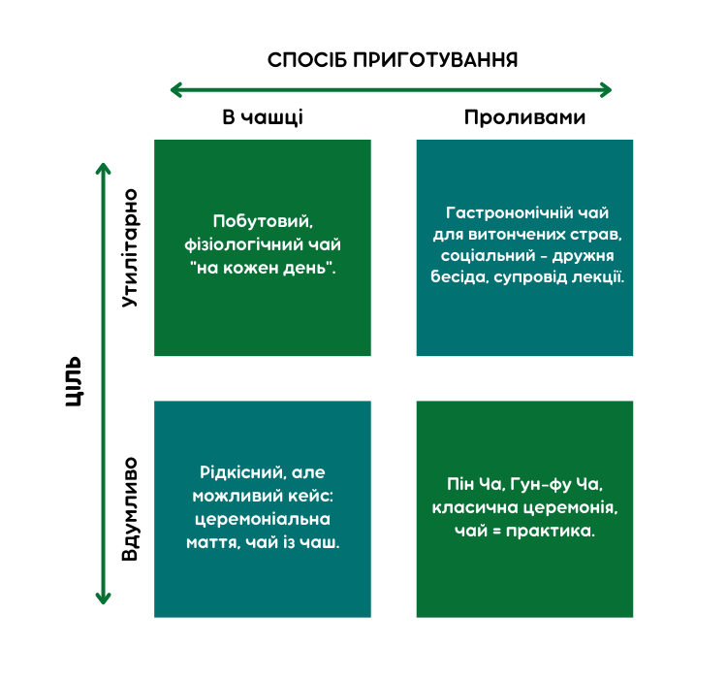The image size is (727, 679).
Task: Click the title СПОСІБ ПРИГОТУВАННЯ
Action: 393,60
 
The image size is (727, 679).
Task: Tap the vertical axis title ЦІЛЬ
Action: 75,381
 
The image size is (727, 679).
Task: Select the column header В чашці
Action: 263,117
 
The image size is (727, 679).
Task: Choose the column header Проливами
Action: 524,117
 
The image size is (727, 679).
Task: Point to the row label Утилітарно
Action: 129,248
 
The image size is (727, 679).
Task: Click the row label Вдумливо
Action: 129,509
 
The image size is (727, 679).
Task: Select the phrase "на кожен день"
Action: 262,268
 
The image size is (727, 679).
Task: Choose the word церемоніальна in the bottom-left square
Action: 263,519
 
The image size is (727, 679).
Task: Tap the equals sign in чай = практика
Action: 496,531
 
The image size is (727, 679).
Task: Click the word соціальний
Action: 488,256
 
